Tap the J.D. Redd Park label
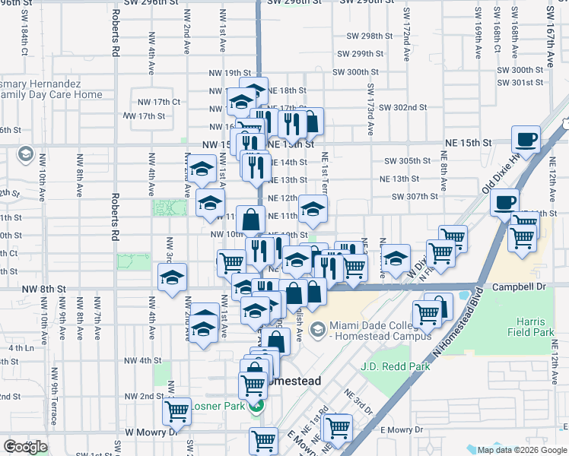[395, 366]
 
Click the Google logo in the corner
[25, 447]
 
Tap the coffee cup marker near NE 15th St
[526, 141]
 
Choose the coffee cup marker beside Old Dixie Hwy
[504, 203]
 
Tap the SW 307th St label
[415, 196]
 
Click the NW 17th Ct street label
[155, 102]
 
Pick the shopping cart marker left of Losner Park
[176, 411]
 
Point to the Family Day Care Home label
[51, 95]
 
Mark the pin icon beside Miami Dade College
[317, 329]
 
